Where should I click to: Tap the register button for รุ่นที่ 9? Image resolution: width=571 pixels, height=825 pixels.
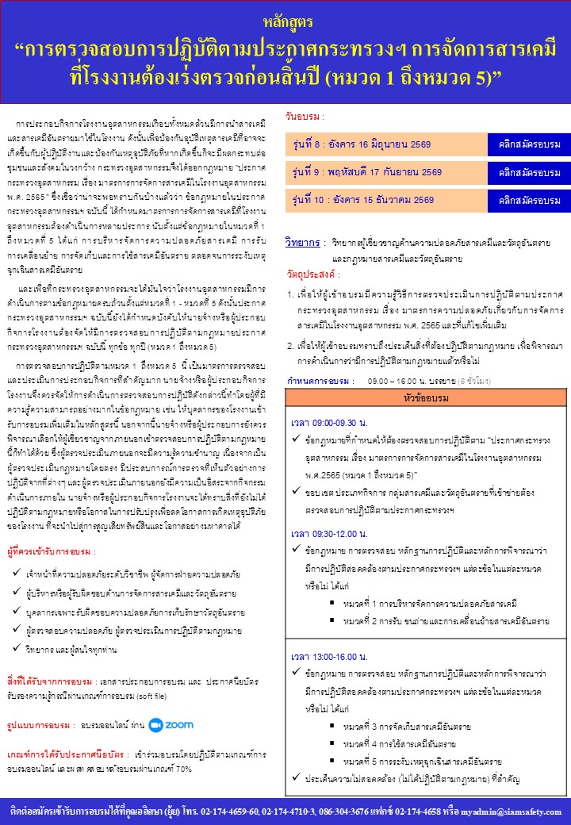(529, 171)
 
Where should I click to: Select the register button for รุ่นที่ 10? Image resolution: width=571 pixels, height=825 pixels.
(529, 200)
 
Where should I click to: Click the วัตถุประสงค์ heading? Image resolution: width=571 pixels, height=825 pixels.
(312, 274)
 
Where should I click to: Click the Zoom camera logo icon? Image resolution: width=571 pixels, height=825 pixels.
(155, 723)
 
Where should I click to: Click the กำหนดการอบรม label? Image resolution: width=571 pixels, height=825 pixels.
(320, 382)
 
